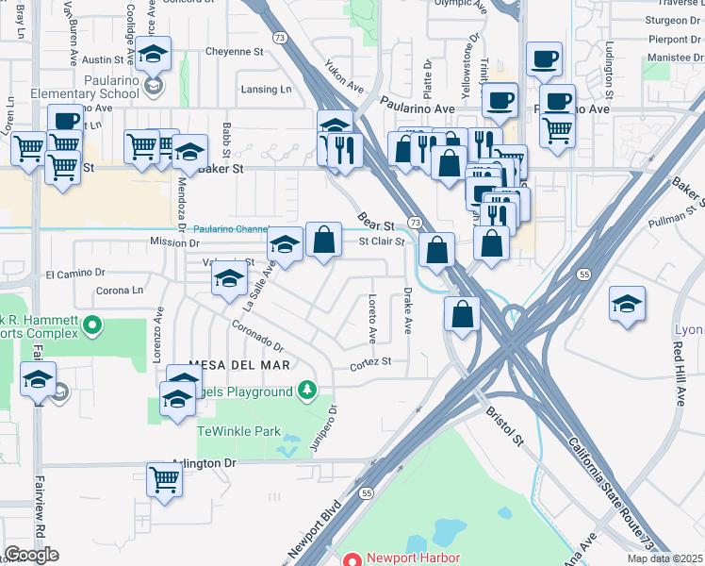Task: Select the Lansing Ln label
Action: (x=268, y=90)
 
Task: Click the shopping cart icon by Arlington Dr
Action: (x=165, y=479)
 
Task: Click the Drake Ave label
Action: (x=408, y=311)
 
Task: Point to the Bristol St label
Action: (x=504, y=425)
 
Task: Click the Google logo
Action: (x=31, y=555)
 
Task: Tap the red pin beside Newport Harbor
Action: (x=352, y=558)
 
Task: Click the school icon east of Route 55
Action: (x=627, y=304)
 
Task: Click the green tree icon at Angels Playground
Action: (x=305, y=390)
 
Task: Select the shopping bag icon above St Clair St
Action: (x=323, y=240)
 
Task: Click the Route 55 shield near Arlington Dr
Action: (x=367, y=492)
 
